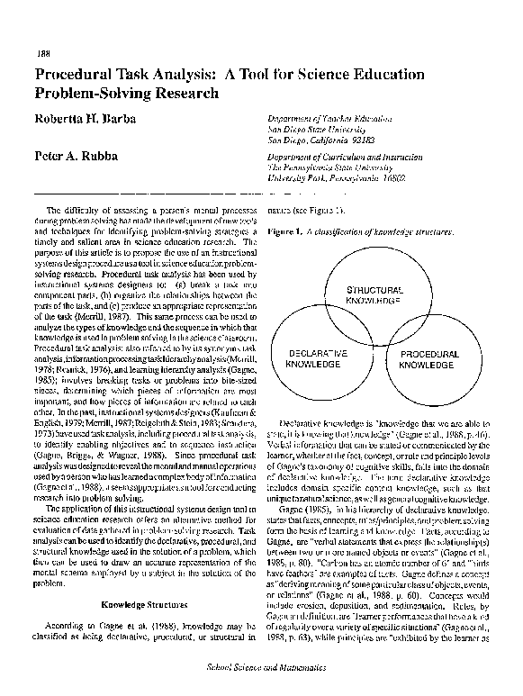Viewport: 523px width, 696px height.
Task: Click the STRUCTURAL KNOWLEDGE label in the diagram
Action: [x=354, y=296]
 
